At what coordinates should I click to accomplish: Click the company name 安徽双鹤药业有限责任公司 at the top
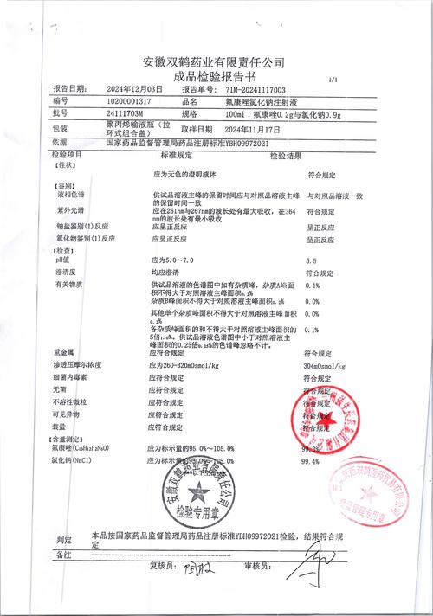point(214,62)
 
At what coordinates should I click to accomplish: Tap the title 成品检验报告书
point(214,76)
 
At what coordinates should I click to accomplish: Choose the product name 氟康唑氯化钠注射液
point(262,101)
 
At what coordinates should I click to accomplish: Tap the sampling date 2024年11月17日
point(262,128)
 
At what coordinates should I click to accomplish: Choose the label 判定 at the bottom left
point(62,538)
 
